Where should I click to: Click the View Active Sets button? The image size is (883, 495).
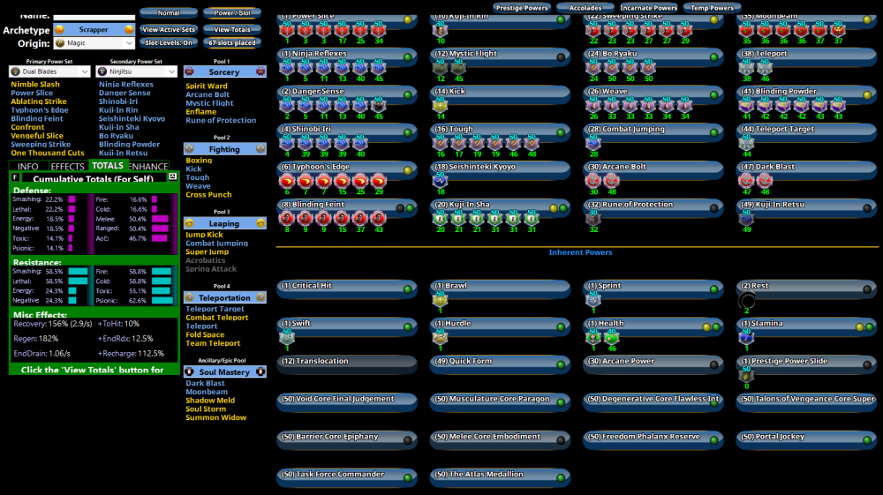tap(169, 29)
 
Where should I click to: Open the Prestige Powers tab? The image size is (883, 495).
tap(522, 8)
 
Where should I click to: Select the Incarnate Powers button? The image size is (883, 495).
tap(648, 8)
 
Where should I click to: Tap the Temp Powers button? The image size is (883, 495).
tap(712, 8)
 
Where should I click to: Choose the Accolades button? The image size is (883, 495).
tap(585, 8)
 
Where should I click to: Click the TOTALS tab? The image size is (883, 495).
tap(108, 166)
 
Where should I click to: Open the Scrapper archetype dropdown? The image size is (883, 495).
tap(94, 29)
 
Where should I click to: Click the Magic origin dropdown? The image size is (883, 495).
tap(94, 42)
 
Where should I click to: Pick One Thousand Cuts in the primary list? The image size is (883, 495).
tap(48, 153)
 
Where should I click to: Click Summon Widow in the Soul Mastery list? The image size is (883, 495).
tap(215, 417)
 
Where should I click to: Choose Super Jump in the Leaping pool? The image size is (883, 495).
tap(207, 252)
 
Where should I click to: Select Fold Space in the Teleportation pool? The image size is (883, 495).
tap(205, 334)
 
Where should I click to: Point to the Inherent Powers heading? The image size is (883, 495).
tap(580, 252)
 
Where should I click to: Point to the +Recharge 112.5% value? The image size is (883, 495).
tap(131, 353)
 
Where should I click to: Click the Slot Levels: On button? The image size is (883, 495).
tap(169, 42)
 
